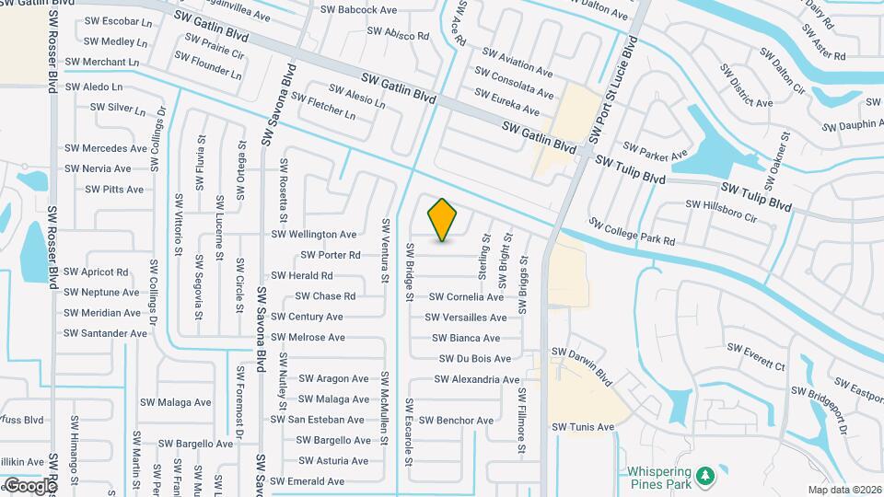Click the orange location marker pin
[x=443, y=220]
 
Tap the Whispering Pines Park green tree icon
[x=706, y=475]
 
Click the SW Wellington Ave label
[x=313, y=235]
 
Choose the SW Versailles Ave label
[x=466, y=318]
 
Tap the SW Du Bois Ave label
[x=475, y=359]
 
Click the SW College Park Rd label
[x=633, y=232]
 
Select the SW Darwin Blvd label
[x=582, y=364]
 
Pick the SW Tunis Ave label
[x=583, y=427]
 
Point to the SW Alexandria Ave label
[x=477, y=379]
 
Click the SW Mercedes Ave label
[x=106, y=148]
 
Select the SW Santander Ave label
[x=105, y=333]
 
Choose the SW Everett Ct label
[x=756, y=357]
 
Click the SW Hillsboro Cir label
[x=721, y=211]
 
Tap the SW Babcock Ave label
[x=358, y=10]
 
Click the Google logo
[x=29, y=485]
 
